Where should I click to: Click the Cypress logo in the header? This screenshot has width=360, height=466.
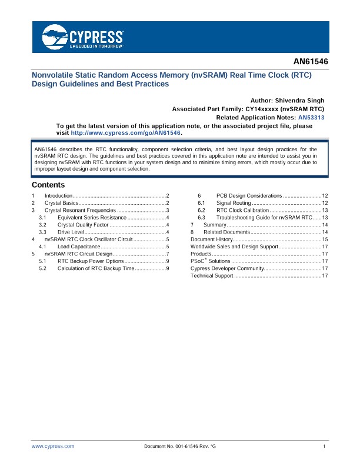pos(83,38)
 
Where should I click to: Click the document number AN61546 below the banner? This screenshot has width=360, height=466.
pos(310,61)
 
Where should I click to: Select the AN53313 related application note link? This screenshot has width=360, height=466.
pos(311,118)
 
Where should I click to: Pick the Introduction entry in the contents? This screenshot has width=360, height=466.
pos(58,195)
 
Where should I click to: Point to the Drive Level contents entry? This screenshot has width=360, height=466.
pos(72,232)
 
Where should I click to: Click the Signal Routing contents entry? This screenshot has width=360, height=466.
pos(234,202)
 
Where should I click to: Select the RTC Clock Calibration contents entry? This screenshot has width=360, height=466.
pos(242,210)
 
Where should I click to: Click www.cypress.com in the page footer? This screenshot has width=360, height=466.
pos(53,447)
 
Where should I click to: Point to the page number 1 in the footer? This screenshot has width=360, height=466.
pos(324,447)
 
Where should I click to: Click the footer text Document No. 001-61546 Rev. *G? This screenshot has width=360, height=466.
pos(180,447)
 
